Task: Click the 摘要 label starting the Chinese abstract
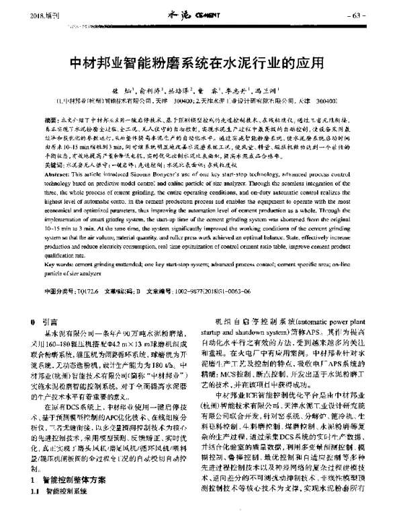pos(50,116)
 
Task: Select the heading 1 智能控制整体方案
pos(73,481)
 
